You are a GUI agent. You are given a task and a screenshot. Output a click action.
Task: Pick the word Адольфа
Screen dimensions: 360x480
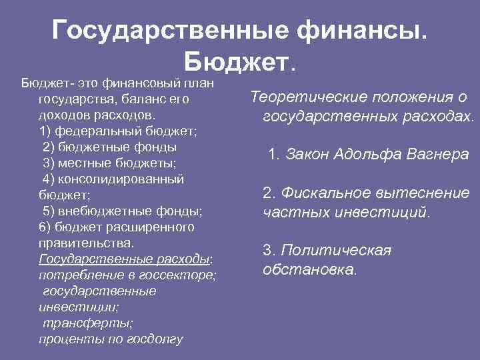coord(362,155)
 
